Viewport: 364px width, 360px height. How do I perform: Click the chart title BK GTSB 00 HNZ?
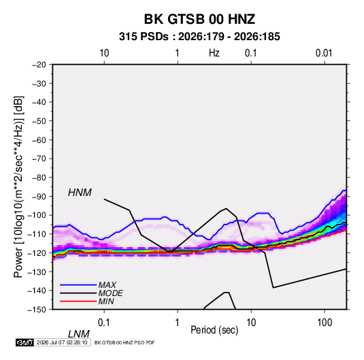point(199,19)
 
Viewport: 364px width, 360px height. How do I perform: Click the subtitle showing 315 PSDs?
point(199,37)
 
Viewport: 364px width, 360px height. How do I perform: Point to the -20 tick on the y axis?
point(39,65)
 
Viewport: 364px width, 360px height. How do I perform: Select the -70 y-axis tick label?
point(39,159)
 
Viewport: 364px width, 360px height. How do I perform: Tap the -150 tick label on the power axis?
point(37,310)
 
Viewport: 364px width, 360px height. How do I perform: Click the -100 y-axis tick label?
point(37,215)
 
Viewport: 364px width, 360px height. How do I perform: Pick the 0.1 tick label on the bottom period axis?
point(104,323)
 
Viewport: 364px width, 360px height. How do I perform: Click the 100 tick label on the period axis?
point(325,323)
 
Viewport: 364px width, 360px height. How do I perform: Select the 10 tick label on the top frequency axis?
point(104,53)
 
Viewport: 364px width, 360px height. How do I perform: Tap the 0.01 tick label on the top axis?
point(324,53)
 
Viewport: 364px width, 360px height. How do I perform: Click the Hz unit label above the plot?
point(214,53)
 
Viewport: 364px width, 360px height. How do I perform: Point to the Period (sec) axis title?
point(214,330)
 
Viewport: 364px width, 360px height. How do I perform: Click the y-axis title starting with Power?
point(18,187)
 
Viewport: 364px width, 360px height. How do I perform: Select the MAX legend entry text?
point(107,285)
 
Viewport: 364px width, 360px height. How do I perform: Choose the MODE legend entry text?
point(110,293)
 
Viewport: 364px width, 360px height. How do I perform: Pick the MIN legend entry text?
point(106,301)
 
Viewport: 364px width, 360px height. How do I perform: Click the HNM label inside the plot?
point(80,193)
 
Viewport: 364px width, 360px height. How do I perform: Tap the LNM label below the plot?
point(78,334)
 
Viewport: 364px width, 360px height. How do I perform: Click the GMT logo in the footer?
point(25,342)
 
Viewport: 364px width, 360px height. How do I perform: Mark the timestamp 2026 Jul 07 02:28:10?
point(62,342)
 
